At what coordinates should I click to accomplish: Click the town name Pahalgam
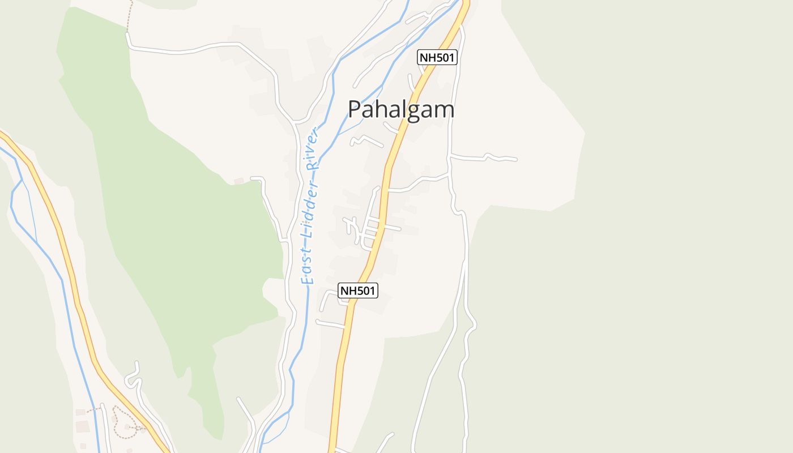pyautogui.click(x=400, y=109)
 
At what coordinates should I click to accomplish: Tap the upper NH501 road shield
pyautogui.click(x=437, y=57)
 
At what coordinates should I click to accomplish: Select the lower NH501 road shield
pyautogui.click(x=357, y=290)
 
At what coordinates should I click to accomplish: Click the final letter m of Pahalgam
pyautogui.click(x=445, y=110)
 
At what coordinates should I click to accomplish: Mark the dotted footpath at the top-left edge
pyautogui.click(x=129, y=17)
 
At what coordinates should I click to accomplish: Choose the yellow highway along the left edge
pyautogui.click(x=62, y=238)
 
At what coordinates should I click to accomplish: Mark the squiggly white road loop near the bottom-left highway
pyautogui.click(x=134, y=377)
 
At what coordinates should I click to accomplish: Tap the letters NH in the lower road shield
pyautogui.click(x=347, y=290)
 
